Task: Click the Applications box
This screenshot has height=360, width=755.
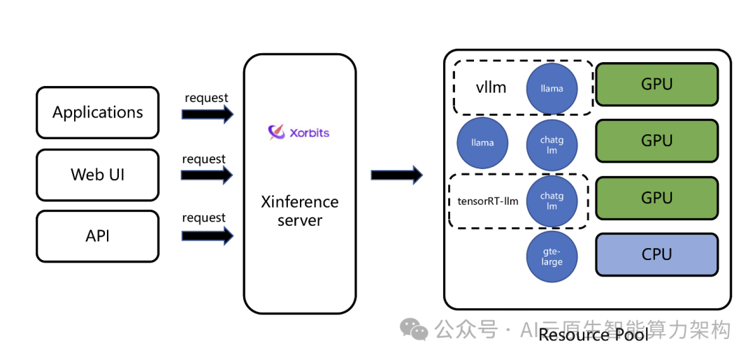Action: pos(98,112)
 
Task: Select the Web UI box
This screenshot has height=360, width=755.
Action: pos(98,174)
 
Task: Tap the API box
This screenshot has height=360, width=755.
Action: pos(98,236)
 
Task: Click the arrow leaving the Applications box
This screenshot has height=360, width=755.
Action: pos(208,115)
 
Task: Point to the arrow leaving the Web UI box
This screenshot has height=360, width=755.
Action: pos(207,175)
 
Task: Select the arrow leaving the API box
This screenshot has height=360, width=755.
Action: pos(207,236)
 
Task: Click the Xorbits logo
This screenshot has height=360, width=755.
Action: pos(299,132)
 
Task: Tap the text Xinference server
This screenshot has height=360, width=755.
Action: pos(299,211)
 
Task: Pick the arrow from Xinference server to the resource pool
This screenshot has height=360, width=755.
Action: pos(396,175)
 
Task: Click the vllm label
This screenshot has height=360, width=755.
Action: pos(491,88)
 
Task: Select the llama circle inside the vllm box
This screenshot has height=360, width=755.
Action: pos(552,89)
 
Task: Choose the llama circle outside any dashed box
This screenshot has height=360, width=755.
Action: pos(482,143)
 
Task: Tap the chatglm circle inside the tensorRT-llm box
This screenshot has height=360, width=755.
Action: pos(552,201)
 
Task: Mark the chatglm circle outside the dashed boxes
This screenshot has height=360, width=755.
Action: pos(552,145)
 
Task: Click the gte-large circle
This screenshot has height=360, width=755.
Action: pos(552,257)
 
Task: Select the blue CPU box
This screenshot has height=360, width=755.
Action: pos(656,254)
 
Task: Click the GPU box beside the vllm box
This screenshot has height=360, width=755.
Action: pos(656,85)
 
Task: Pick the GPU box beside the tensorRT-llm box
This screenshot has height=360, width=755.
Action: pos(656,198)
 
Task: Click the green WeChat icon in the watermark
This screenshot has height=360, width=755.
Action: pos(414,329)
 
